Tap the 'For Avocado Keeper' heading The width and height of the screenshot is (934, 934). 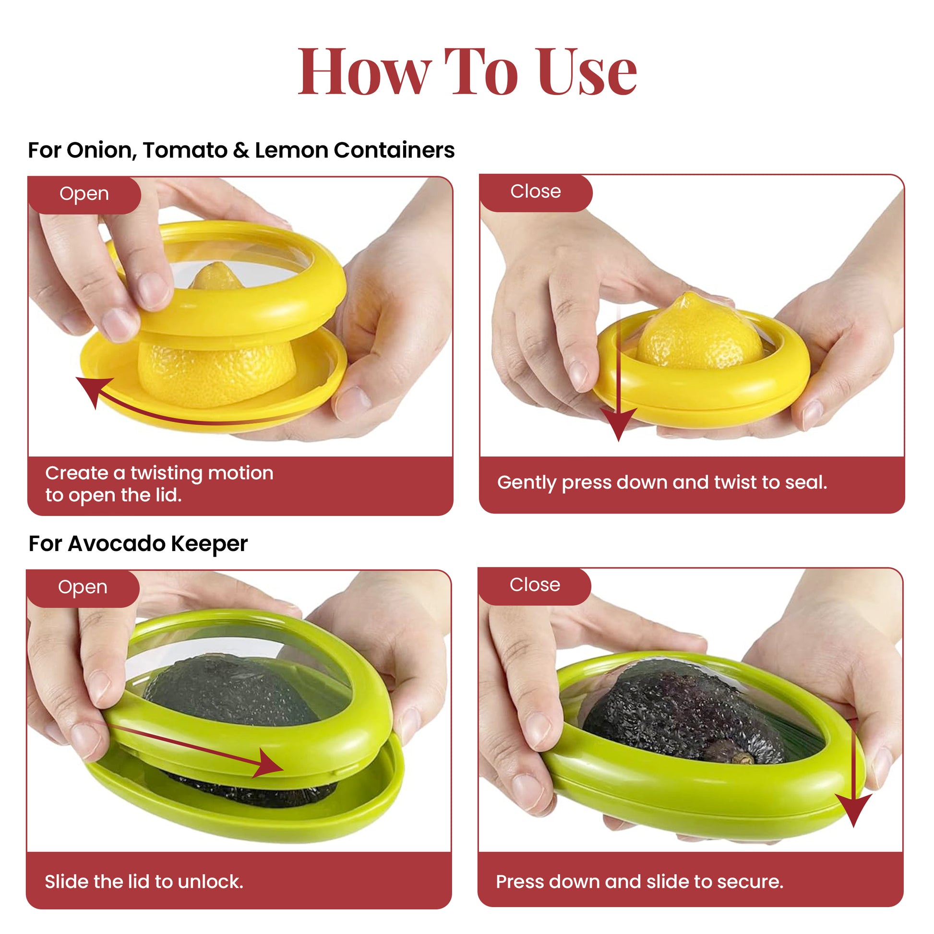click(x=138, y=544)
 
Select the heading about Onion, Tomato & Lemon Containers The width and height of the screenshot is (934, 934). click(x=241, y=150)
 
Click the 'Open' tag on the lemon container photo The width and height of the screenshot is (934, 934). click(x=84, y=194)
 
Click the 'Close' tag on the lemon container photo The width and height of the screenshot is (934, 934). click(x=536, y=192)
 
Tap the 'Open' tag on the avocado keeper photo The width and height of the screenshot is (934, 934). click(x=83, y=587)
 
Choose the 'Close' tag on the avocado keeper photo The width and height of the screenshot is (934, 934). click(x=535, y=585)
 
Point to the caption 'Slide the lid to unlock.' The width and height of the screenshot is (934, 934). click(x=144, y=882)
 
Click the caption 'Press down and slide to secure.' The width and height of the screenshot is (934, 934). click(x=639, y=882)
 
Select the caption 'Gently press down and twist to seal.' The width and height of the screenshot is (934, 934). click(x=662, y=482)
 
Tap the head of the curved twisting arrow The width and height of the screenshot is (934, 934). click(x=92, y=390)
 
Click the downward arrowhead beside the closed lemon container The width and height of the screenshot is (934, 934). click(x=618, y=423)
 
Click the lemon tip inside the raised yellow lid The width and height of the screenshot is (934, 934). click(x=216, y=275)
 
